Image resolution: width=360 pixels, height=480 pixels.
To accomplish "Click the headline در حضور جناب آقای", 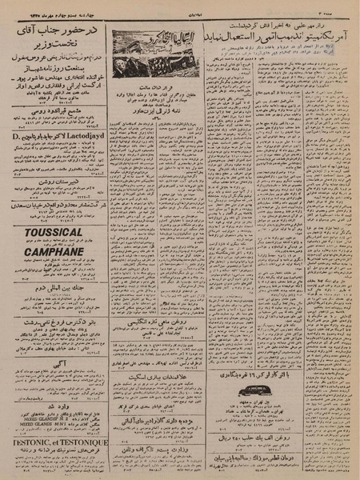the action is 54,30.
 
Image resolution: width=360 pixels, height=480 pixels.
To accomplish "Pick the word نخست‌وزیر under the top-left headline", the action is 54,44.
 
